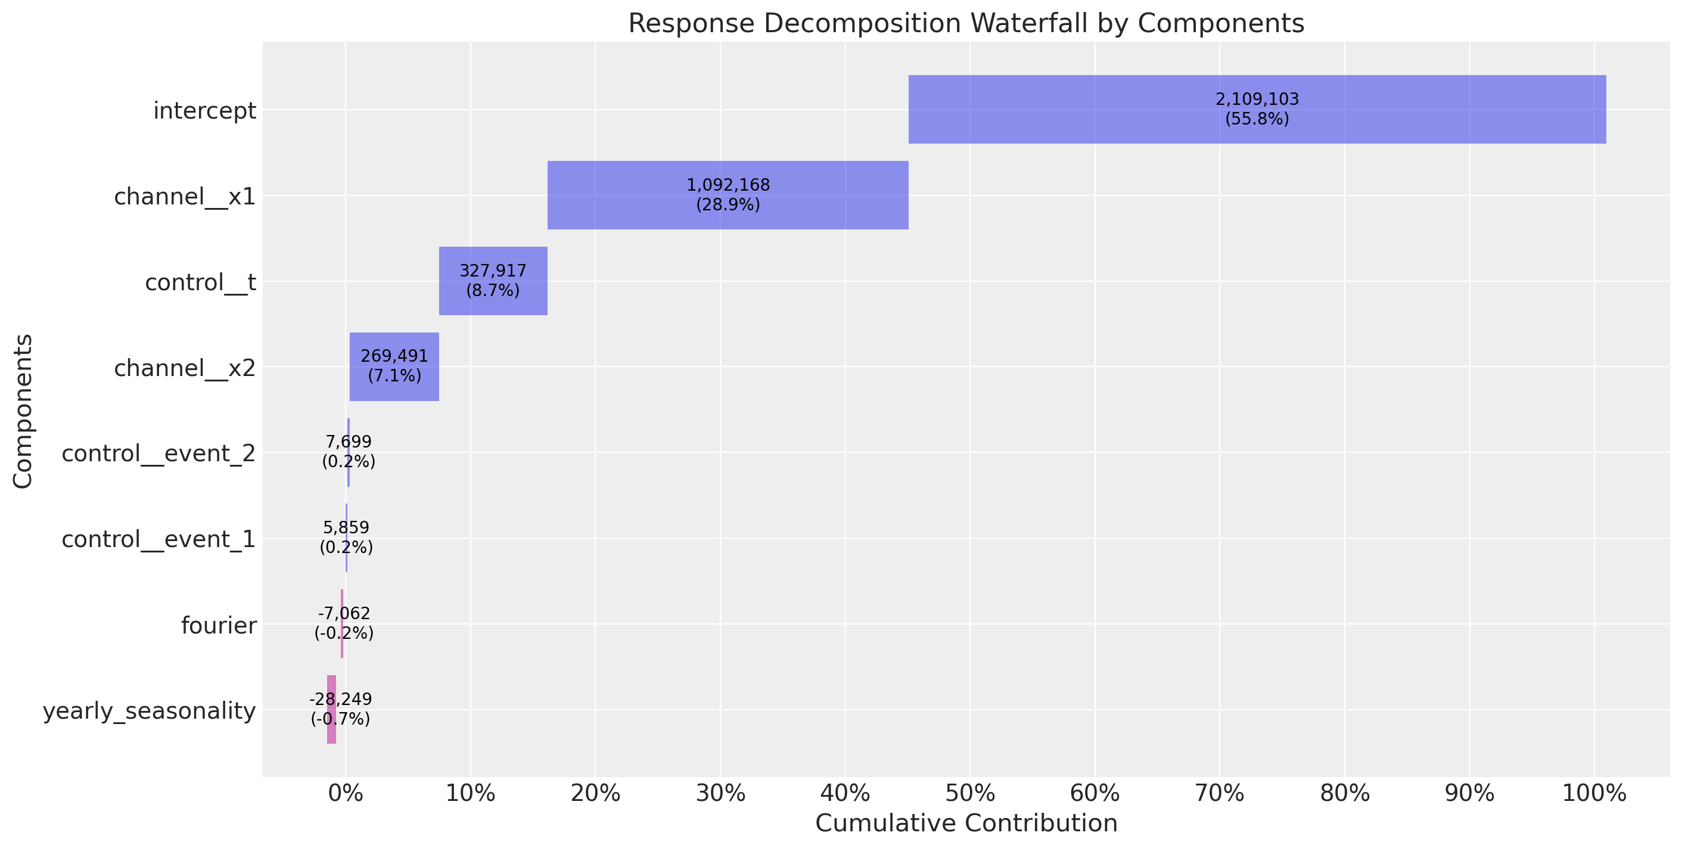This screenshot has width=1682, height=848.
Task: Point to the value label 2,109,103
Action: click(1257, 100)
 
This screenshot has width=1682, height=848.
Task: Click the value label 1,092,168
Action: click(728, 185)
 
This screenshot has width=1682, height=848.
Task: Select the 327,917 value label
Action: click(493, 271)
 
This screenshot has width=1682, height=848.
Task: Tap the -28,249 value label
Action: click(340, 699)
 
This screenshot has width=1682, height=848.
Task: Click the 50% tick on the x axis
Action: click(970, 793)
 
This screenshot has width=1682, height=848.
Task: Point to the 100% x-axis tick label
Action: click(1594, 793)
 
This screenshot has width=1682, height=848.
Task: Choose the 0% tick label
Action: click(346, 793)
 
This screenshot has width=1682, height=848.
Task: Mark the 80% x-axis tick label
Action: click(1344, 793)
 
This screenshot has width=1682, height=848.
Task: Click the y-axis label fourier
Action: click(219, 625)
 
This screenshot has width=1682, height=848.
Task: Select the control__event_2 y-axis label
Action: click(158, 453)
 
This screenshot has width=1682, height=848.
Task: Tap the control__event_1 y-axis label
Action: click(158, 539)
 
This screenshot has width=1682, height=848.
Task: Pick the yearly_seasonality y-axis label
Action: click(150, 710)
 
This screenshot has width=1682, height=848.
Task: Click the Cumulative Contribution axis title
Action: click(966, 822)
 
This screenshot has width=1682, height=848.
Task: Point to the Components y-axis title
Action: click(23, 411)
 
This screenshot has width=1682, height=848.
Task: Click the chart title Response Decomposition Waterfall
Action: click(966, 23)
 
